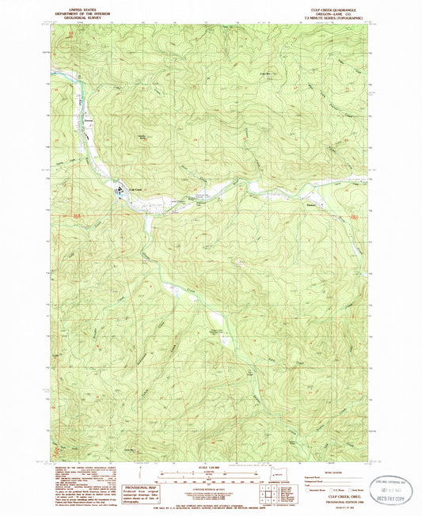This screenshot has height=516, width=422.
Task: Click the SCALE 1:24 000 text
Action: tap(210, 462)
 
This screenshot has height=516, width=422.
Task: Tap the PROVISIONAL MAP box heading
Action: tap(135, 469)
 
